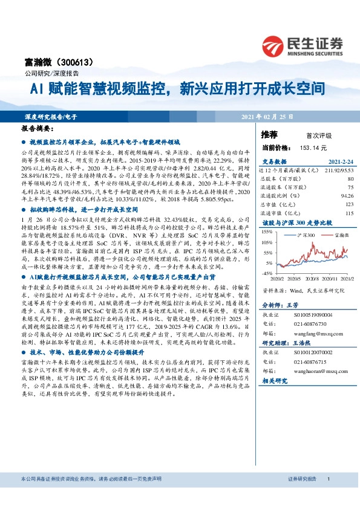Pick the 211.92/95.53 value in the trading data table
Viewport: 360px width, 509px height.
click(339, 170)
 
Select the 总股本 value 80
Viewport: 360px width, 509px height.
click(350, 179)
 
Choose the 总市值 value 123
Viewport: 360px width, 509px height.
click(349, 204)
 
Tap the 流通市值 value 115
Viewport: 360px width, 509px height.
click(349, 213)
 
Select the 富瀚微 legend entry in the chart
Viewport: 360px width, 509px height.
click(332, 233)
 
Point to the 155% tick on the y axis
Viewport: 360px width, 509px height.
click(267, 232)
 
